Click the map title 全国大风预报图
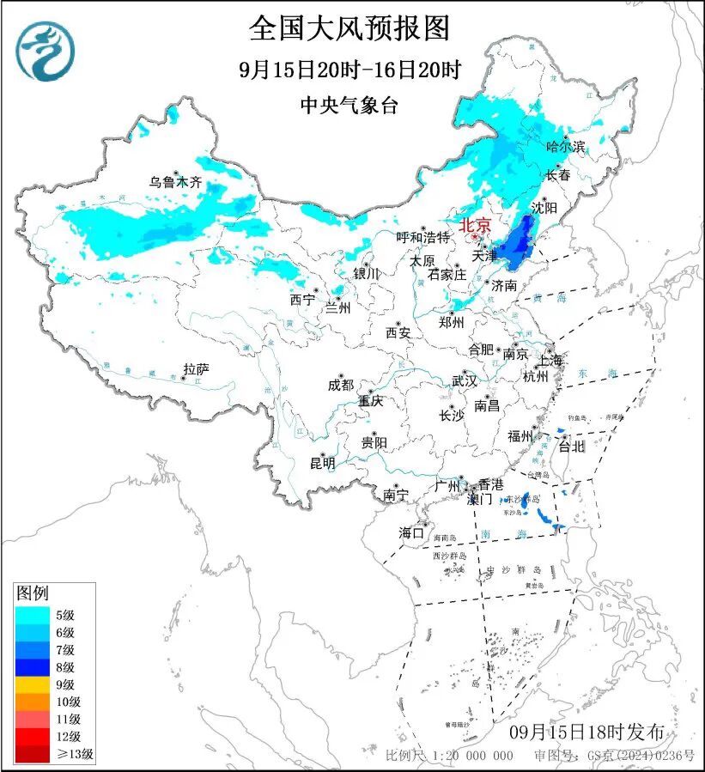(x=349, y=28)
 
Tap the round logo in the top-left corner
(x=45, y=51)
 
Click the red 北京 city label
(x=475, y=226)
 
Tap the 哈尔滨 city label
(x=565, y=147)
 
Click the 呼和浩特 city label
(x=422, y=237)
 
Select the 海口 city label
(x=411, y=533)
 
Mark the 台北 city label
(x=571, y=446)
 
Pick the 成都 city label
(x=341, y=386)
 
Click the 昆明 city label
(x=323, y=463)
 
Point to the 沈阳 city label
(x=544, y=208)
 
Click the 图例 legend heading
(x=33, y=593)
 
